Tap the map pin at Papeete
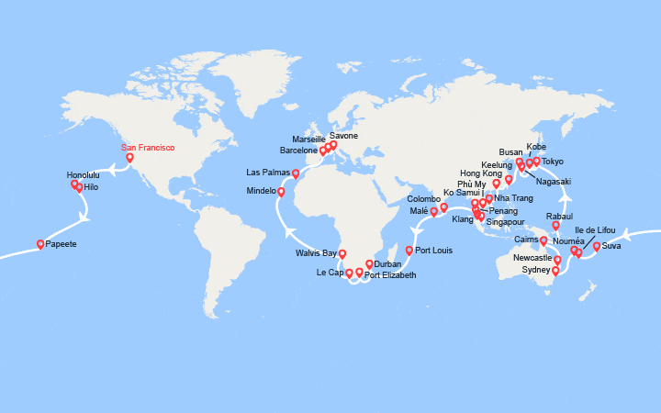point(40,243)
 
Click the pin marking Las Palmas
point(296,173)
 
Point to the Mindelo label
point(261,191)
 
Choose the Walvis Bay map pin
point(342,253)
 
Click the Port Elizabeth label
point(390,275)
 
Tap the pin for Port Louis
point(409,250)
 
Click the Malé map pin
point(433,211)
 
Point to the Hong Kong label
point(482,173)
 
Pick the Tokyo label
point(553,162)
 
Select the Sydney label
point(536,271)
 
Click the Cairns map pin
point(543,240)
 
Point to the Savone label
point(343,136)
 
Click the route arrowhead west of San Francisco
point(108,168)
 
